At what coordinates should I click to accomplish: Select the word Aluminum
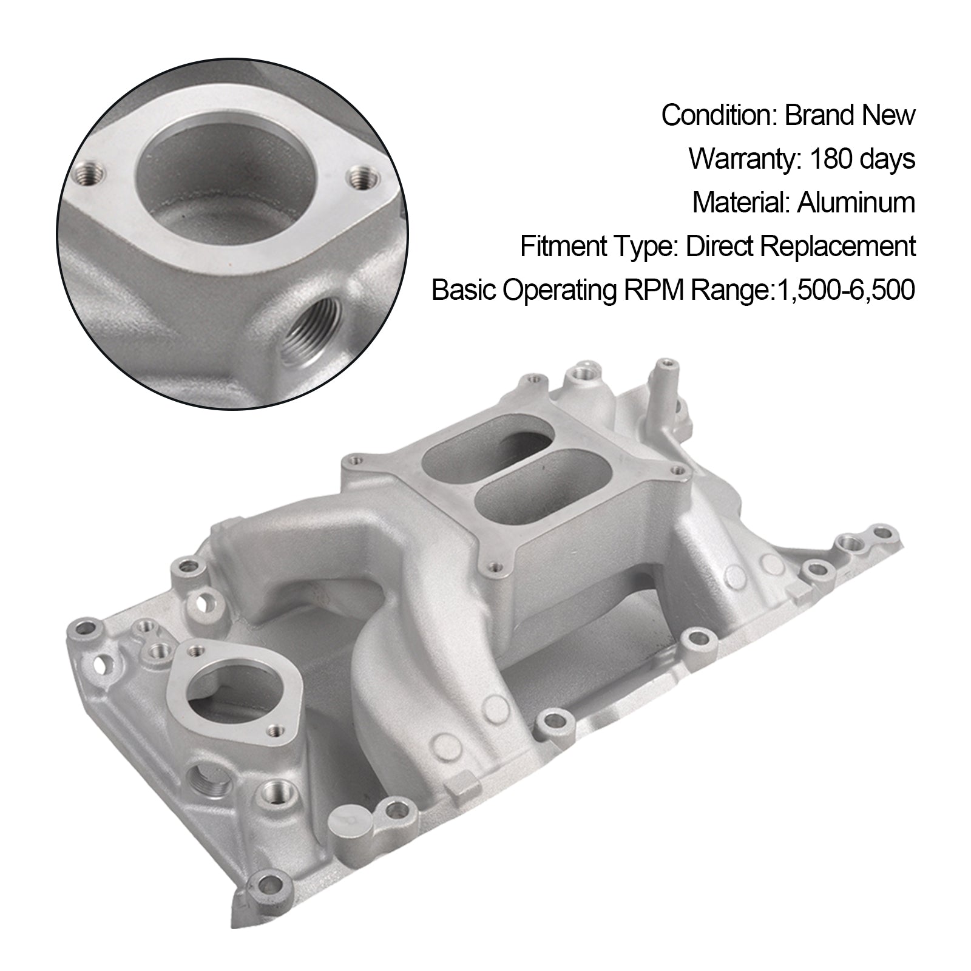tap(856, 203)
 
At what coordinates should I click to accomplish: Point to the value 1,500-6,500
tap(844, 291)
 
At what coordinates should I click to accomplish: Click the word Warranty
tap(738, 159)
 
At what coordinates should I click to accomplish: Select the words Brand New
tap(850, 115)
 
